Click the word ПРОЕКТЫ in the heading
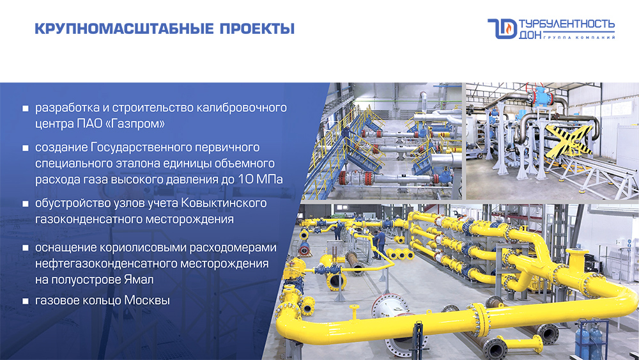[x=257, y=29]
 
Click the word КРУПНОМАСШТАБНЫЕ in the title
[x=125, y=29]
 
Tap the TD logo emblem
[x=502, y=29]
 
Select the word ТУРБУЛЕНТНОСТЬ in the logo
[x=567, y=24]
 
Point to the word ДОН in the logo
[x=530, y=35]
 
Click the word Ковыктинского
[x=224, y=203]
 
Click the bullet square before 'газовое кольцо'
[x=26, y=301]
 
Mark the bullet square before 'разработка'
[x=26, y=108]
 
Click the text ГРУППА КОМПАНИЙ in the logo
[x=579, y=38]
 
